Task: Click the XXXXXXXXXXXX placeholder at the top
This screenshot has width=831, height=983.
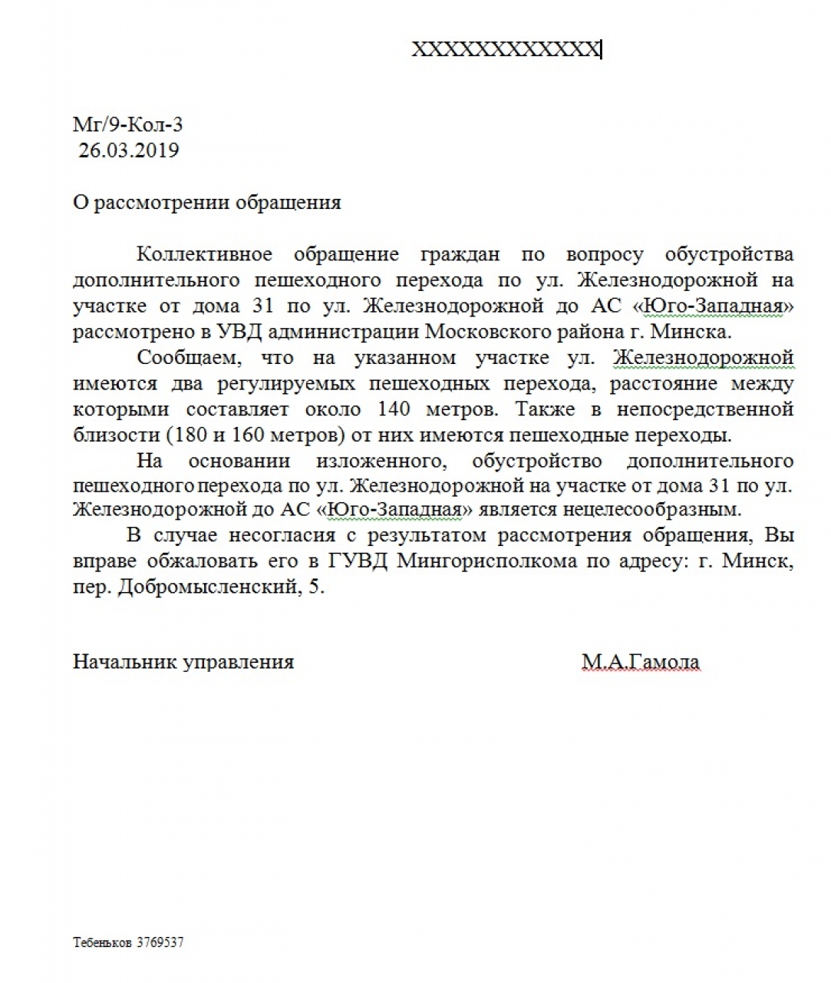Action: [506, 50]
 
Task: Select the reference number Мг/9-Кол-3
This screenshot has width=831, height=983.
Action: [127, 124]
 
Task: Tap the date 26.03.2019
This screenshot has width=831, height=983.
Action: [128, 150]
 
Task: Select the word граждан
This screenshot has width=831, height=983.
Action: [460, 254]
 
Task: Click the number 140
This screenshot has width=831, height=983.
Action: [394, 409]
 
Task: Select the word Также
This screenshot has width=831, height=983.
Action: [546, 409]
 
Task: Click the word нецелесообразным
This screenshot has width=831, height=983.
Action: [651, 509]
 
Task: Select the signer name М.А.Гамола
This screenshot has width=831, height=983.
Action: [641, 662]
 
